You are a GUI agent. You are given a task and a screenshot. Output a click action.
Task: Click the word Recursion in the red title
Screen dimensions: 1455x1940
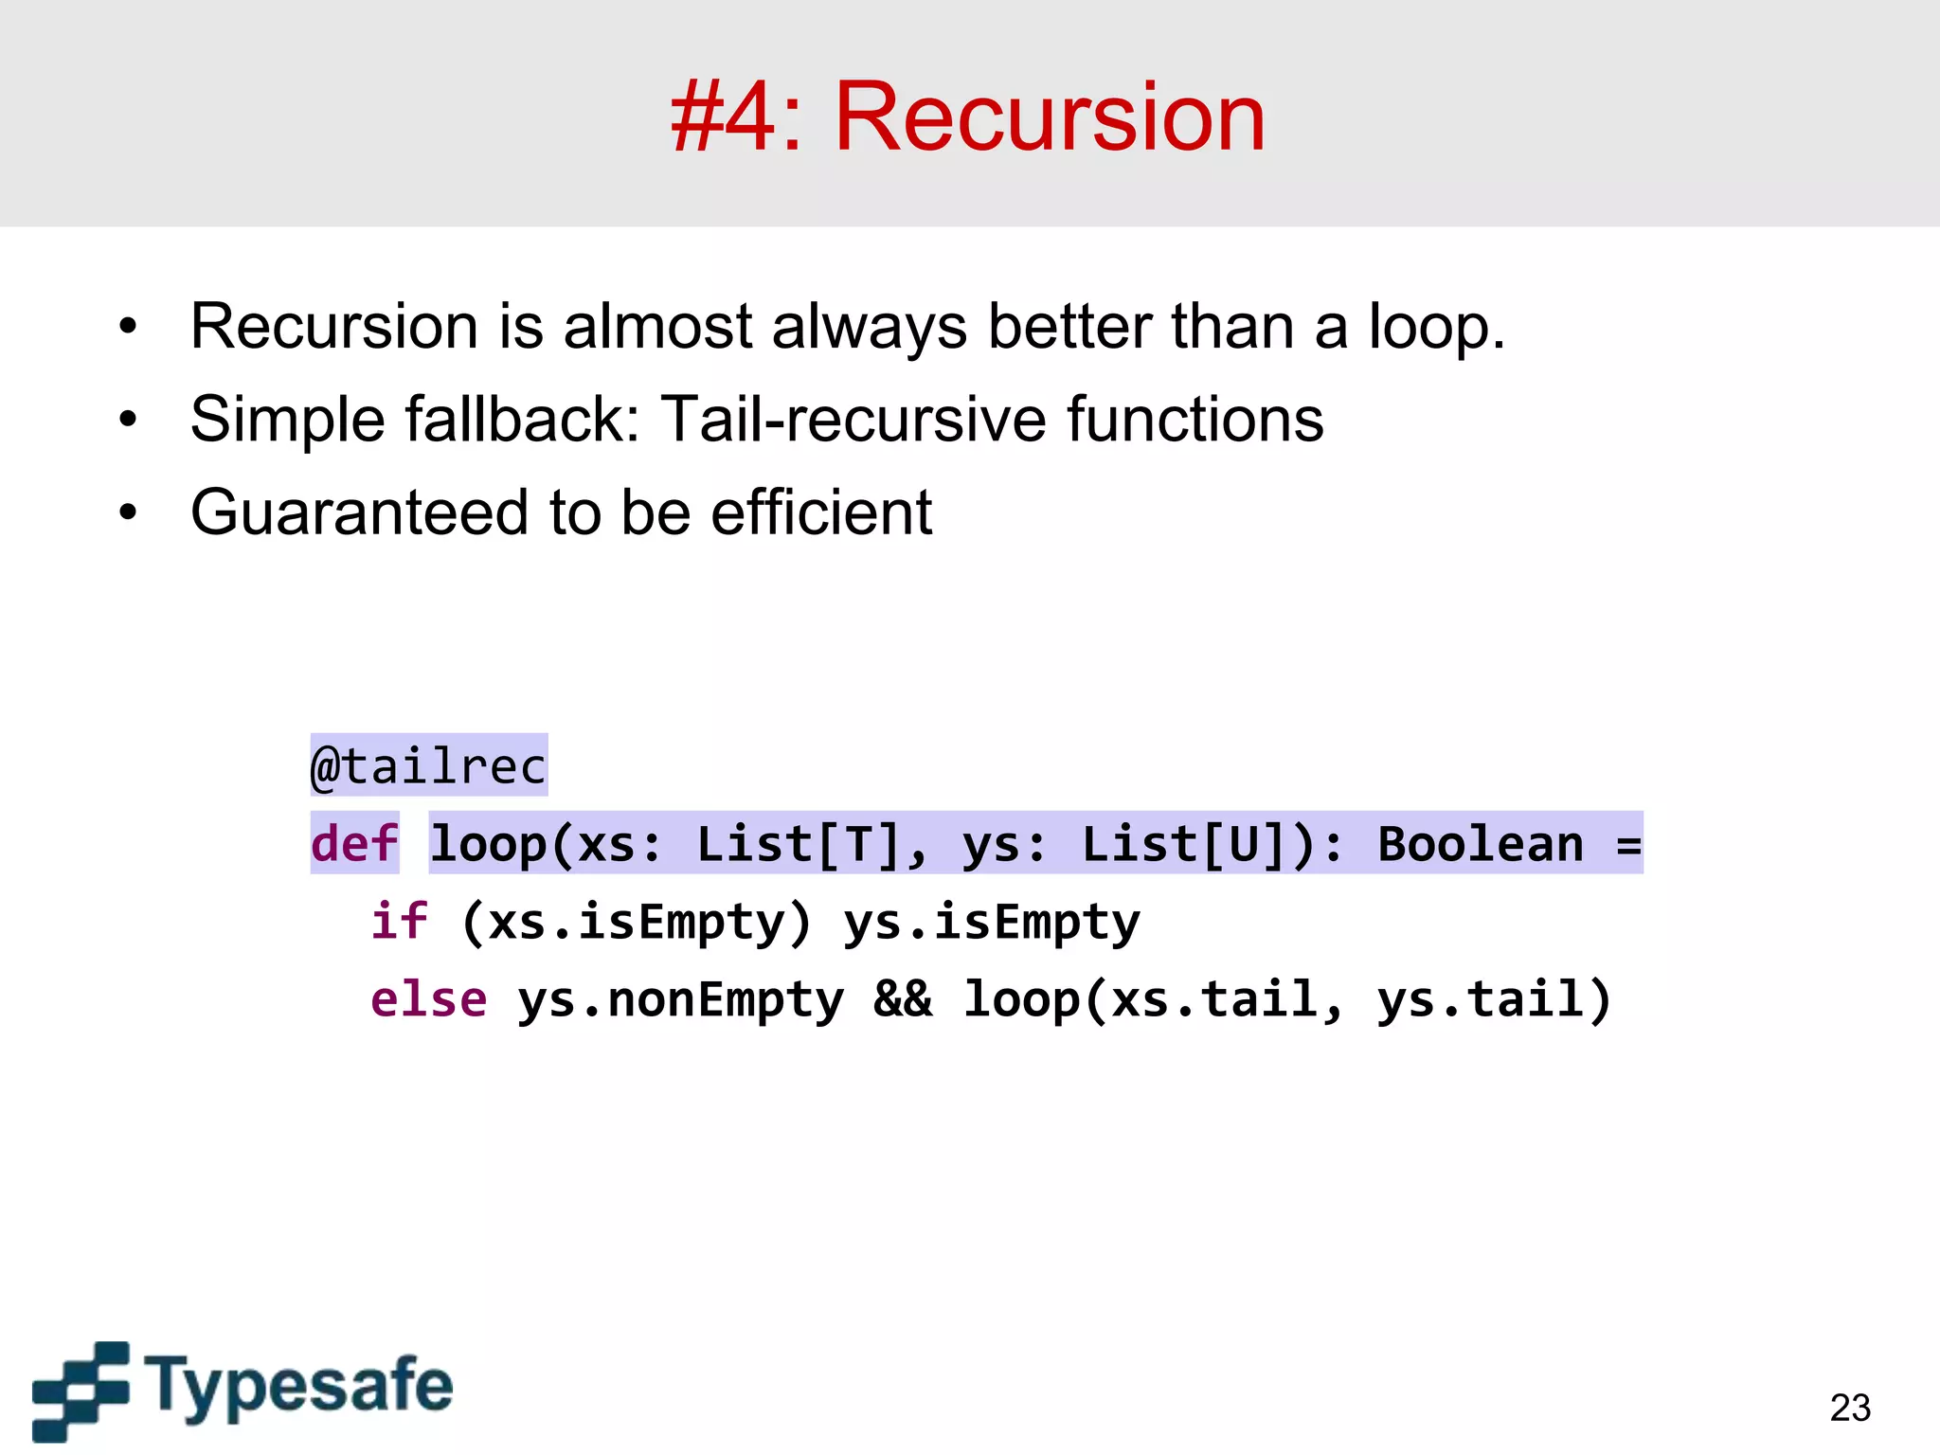1049,117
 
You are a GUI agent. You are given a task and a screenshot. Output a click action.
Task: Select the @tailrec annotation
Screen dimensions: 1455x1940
428,765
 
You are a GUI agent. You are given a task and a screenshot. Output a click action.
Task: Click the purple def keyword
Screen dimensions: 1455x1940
354,843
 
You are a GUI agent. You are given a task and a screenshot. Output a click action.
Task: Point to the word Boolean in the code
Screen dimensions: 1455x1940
1480,843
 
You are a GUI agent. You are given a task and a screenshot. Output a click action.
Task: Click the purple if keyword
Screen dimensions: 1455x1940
398,921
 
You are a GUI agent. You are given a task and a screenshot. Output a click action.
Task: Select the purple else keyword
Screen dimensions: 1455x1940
428,999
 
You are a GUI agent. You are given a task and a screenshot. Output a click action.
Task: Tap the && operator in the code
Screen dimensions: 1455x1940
902,999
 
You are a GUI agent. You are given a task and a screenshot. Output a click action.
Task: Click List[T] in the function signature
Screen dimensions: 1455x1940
798,843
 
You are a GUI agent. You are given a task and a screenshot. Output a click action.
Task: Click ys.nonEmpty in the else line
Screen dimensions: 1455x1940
679,999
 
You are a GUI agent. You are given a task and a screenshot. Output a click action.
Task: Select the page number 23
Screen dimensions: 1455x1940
1850,1408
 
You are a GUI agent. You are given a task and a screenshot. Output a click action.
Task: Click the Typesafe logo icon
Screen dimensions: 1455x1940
81,1390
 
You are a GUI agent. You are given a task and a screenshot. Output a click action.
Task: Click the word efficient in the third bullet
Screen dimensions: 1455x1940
821,512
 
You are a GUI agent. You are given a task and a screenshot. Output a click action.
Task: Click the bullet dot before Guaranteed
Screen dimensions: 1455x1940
128,513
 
